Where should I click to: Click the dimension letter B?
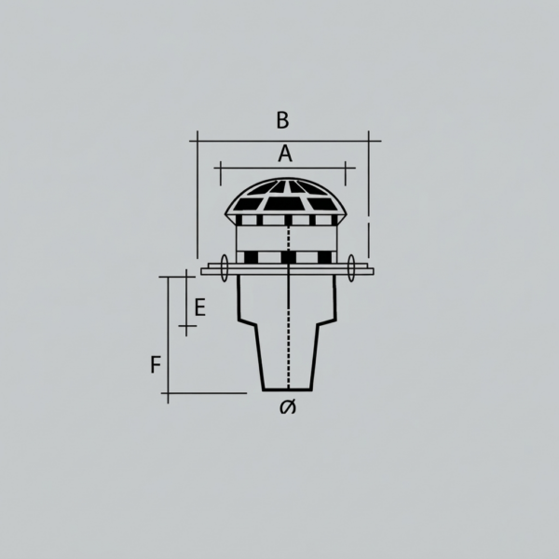pos(282,120)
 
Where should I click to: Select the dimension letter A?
pos(285,154)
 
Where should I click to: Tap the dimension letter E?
pos(200,307)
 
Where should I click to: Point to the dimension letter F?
pos(156,364)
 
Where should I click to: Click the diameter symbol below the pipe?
pos(288,407)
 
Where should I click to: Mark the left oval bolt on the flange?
pos(225,268)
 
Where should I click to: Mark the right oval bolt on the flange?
pos(351,268)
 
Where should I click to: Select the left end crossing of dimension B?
pos(198,142)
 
